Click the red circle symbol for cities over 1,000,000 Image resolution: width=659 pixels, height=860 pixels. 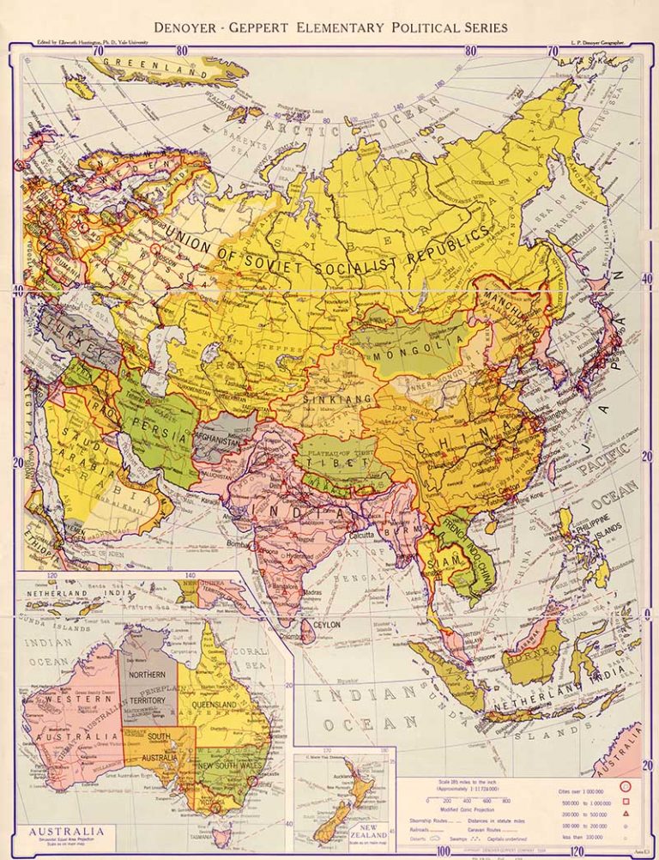pos(624,785)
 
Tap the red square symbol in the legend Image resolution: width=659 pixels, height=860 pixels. pos(624,799)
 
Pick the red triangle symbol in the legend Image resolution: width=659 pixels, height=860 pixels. pos(624,812)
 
